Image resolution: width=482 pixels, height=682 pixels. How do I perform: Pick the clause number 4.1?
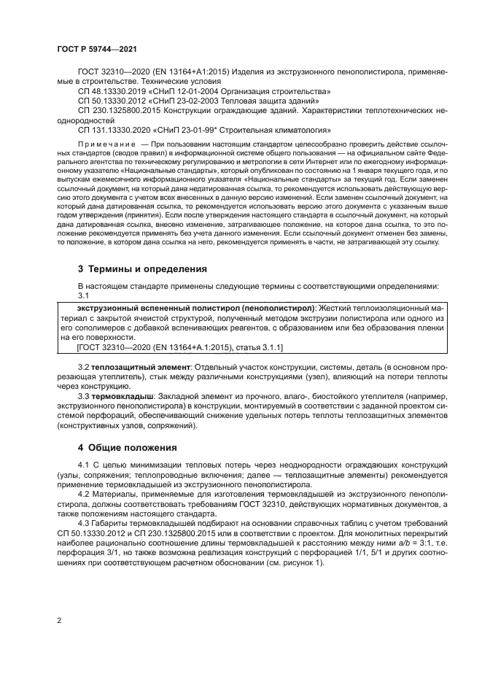point(84,465)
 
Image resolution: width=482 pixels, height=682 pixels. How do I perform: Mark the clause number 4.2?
point(84,493)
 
